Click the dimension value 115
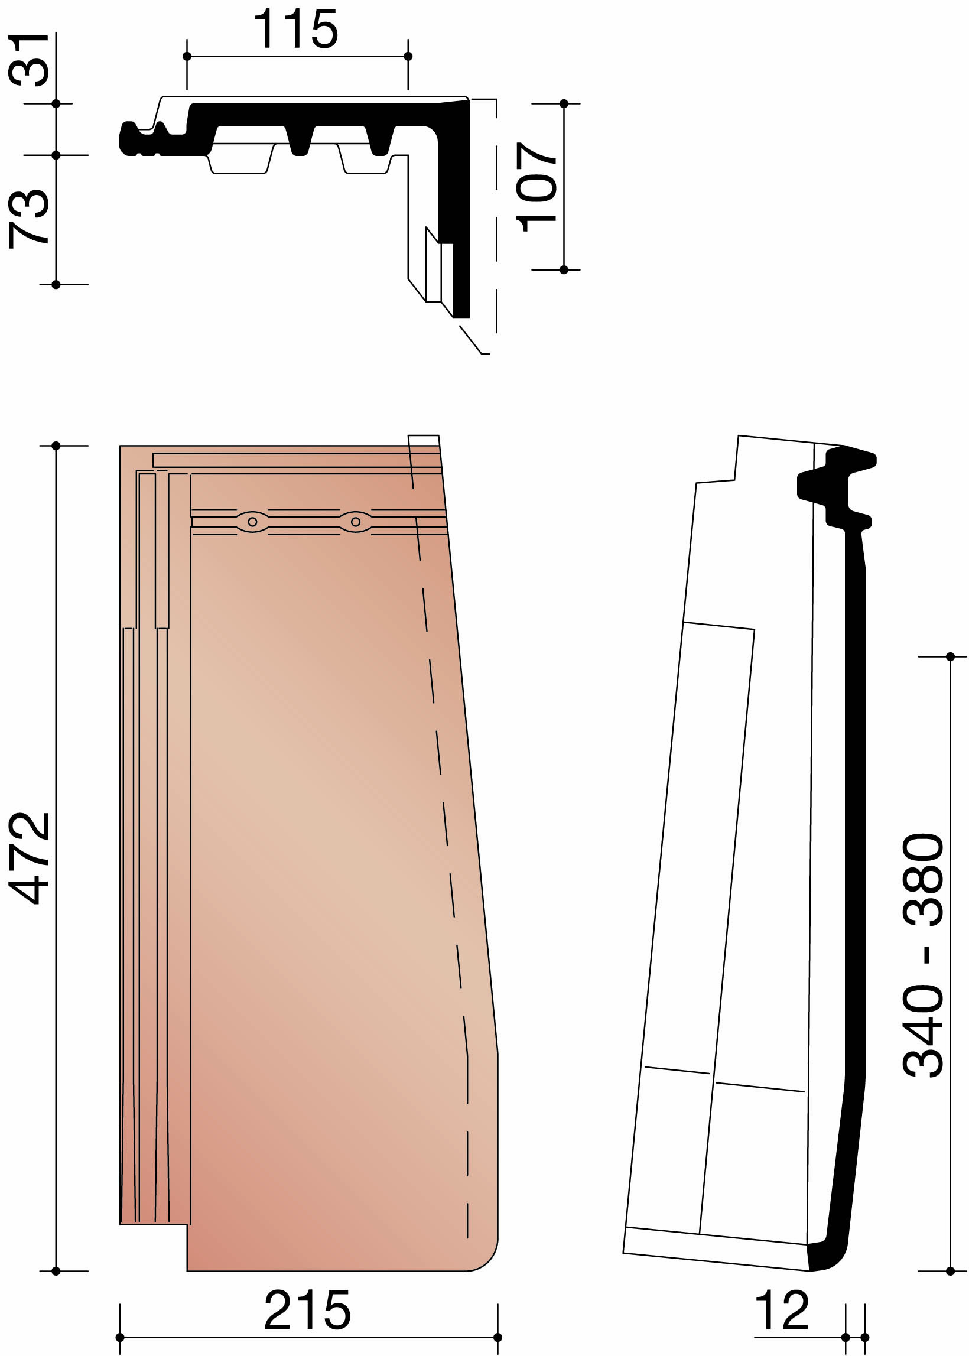tap(296, 29)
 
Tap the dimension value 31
tap(28, 60)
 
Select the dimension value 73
tap(28, 219)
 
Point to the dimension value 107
tap(536, 187)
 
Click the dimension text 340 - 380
tap(922, 954)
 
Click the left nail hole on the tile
tap(252, 522)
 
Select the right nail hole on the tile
tap(356, 522)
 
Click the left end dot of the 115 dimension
tap(187, 56)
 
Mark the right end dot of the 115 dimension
tap(408, 56)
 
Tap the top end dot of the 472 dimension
tap(56, 446)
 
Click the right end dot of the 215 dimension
tap(497, 1337)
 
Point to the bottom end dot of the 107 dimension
tap(564, 269)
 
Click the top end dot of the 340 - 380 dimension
tap(950, 657)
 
